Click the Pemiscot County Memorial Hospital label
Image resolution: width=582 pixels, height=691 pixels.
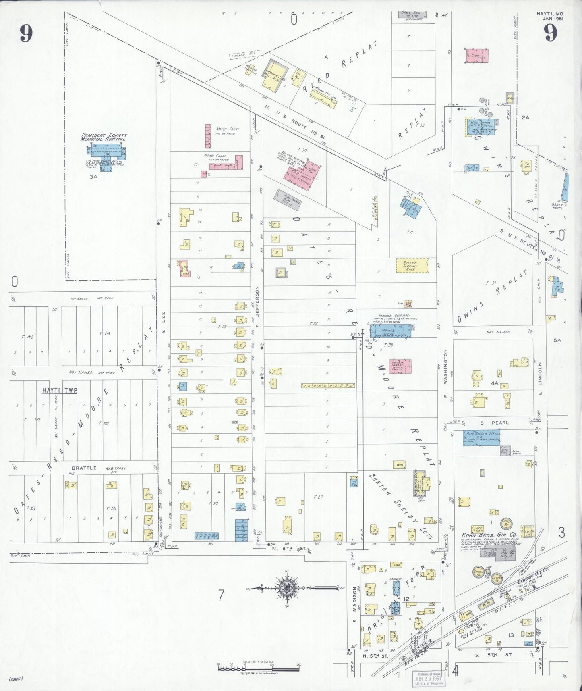click(x=104, y=137)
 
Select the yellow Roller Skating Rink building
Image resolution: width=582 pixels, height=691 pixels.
click(x=412, y=266)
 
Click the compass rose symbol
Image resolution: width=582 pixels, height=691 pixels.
click(x=287, y=588)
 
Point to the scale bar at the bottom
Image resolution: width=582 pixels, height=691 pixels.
click(x=258, y=668)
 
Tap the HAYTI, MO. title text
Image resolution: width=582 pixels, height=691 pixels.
click(x=550, y=16)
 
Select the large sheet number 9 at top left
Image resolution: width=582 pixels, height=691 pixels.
click(x=26, y=33)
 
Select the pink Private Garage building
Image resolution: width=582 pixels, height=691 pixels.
click(x=400, y=366)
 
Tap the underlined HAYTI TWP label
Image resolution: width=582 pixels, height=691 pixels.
click(x=60, y=390)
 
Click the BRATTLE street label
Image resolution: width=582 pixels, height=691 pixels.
click(x=84, y=468)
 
